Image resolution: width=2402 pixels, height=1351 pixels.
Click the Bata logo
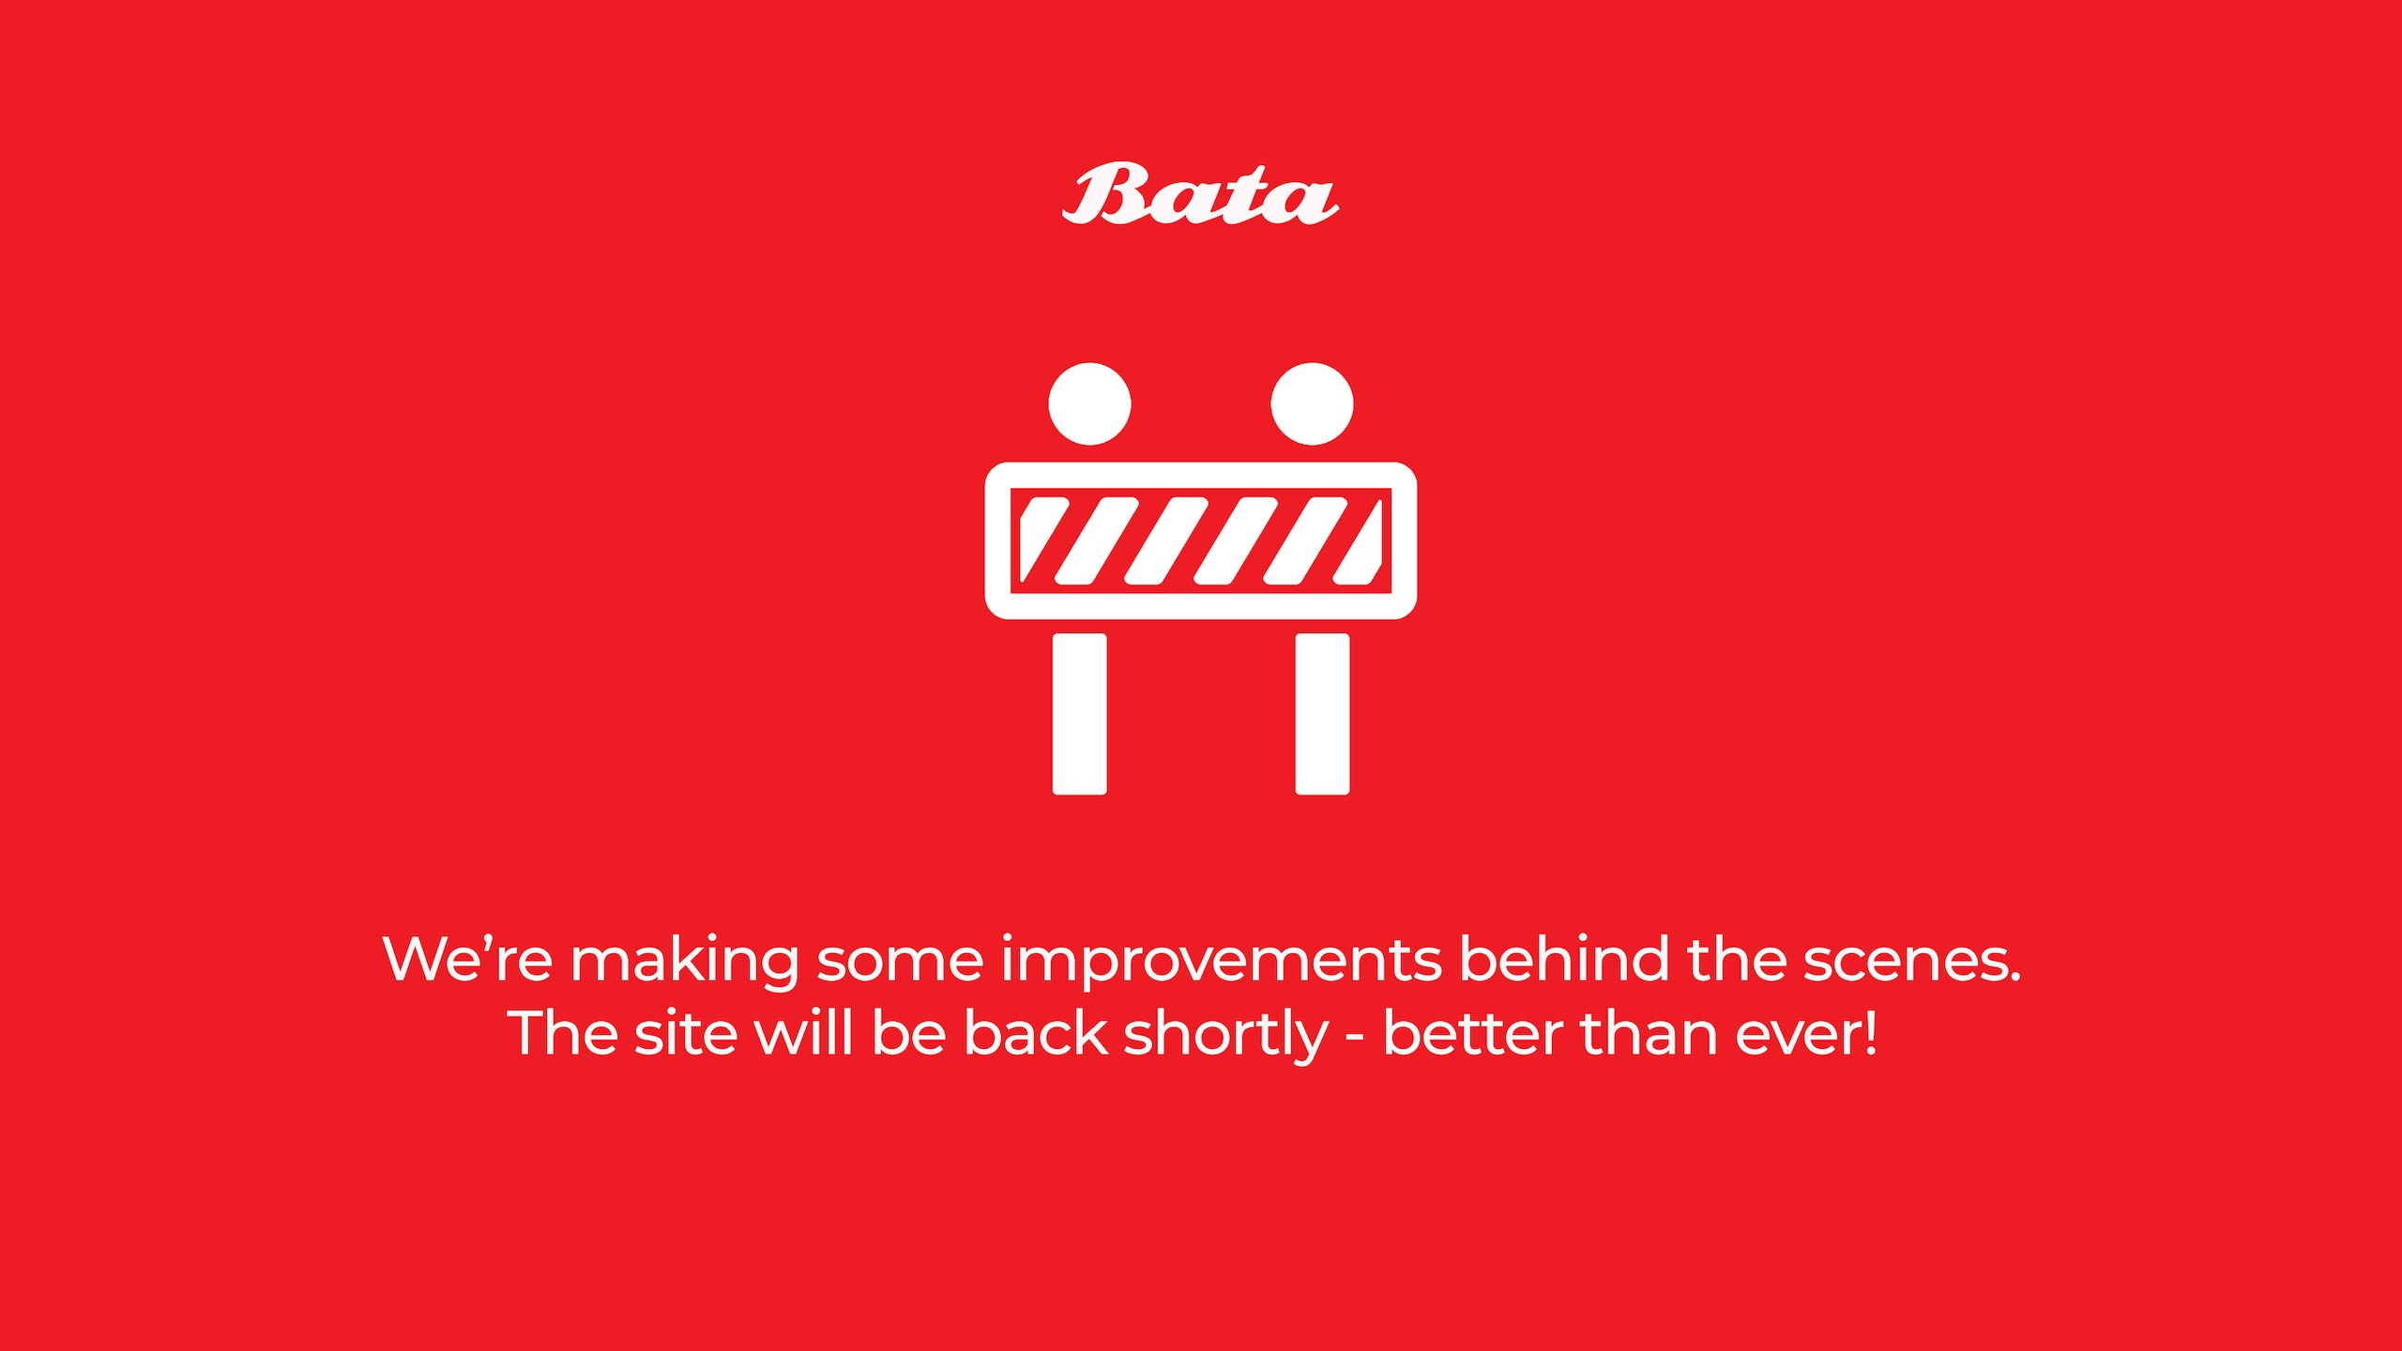[x=1201, y=194]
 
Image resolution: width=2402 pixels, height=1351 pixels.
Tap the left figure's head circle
[x=1089, y=403]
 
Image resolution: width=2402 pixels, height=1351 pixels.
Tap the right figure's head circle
[x=1312, y=403]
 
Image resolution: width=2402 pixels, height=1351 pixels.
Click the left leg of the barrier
[x=1079, y=714]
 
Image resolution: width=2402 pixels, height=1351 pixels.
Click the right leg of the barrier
[x=1322, y=714]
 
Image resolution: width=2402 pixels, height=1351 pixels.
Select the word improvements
[x=1221, y=962]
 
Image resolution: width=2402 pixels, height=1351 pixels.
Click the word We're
[x=467, y=959]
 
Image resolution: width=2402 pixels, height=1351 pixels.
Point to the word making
[x=685, y=962]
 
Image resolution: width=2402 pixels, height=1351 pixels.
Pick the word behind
[x=1564, y=958]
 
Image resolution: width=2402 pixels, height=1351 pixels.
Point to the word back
[x=1036, y=1032]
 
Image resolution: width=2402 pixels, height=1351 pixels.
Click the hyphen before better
[x=1356, y=1039]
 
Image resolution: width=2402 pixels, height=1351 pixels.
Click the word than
[x=1649, y=1032]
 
